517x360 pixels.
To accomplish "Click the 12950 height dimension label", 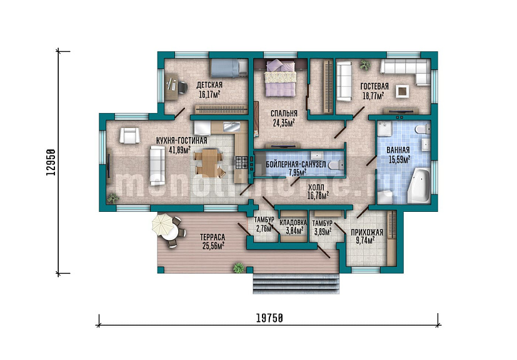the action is [x=51, y=162].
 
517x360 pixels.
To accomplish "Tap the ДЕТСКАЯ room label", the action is [x=209, y=85].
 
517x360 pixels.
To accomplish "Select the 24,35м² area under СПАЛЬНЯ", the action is [x=284, y=123].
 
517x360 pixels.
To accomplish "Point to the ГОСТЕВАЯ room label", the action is [x=374, y=86].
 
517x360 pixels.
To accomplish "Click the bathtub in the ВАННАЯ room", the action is [x=419, y=186].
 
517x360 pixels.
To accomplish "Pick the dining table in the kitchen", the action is [x=209, y=162].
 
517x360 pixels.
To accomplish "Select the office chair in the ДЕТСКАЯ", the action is [x=181, y=87].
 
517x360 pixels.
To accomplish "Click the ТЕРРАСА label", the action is [x=213, y=237].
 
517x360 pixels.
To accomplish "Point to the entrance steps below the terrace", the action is [x=296, y=284].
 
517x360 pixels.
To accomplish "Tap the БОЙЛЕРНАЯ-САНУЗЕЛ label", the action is [x=296, y=164].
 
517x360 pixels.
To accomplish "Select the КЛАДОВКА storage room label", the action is [x=293, y=222].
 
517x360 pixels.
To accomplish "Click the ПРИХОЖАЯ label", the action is [x=366, y=232].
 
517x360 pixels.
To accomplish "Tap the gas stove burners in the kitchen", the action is [x=241, y=161].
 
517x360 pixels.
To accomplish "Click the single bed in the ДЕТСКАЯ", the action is [x=229, y=68].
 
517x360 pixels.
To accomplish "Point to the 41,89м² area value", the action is [x=179, y=151].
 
